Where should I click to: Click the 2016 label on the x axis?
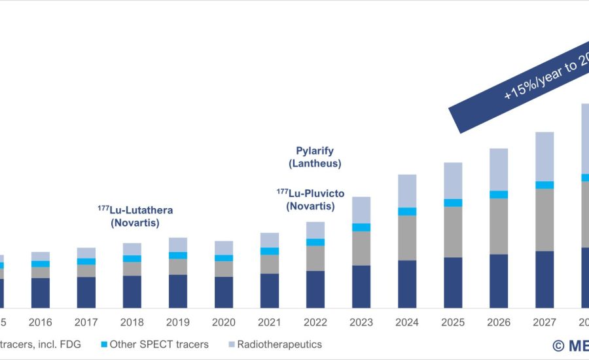click(x=41, y=322)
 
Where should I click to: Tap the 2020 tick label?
click(x=224, y=322)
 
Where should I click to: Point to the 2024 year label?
click(x=407, y=322)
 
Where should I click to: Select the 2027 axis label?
click(x=544, y=322)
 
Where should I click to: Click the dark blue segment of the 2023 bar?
click(x=361, y=287)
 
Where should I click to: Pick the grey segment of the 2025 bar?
click(x=453, y=232)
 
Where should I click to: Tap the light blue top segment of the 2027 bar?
click(x=544, y=156)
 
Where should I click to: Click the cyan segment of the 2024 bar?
click(x=407, y=211)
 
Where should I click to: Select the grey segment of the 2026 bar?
click(x=499, y=226)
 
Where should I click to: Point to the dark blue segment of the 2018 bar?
click(x=132, y=292)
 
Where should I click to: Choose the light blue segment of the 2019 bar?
click(x=178, y=245)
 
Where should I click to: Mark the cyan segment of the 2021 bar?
click(x=270, y=251)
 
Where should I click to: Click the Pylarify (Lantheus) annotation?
click(x=315, y=158)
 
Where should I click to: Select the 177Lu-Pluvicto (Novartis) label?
click(x=310, y=200)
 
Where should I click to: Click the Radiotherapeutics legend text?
click(x=279, y=344)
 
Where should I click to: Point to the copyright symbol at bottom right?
click(x=558, y=345)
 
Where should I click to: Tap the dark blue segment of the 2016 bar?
click(x=41, y=293)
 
